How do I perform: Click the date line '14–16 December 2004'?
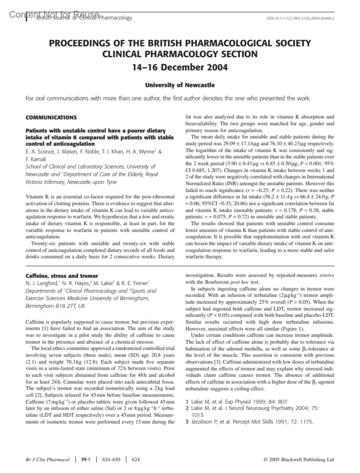point(180,67)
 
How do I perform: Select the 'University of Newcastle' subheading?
point(180,85)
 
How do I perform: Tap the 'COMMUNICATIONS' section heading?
point(51,118)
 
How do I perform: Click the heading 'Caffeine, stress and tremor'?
point(62,276)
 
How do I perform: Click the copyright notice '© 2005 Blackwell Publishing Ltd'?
point(298,460)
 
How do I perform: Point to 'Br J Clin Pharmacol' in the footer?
point(47,460)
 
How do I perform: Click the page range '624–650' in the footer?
point(111,460)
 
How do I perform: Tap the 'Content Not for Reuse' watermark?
point(54,14)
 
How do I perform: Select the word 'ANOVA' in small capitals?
point(326,275)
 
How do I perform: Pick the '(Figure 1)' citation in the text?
point(293,328)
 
